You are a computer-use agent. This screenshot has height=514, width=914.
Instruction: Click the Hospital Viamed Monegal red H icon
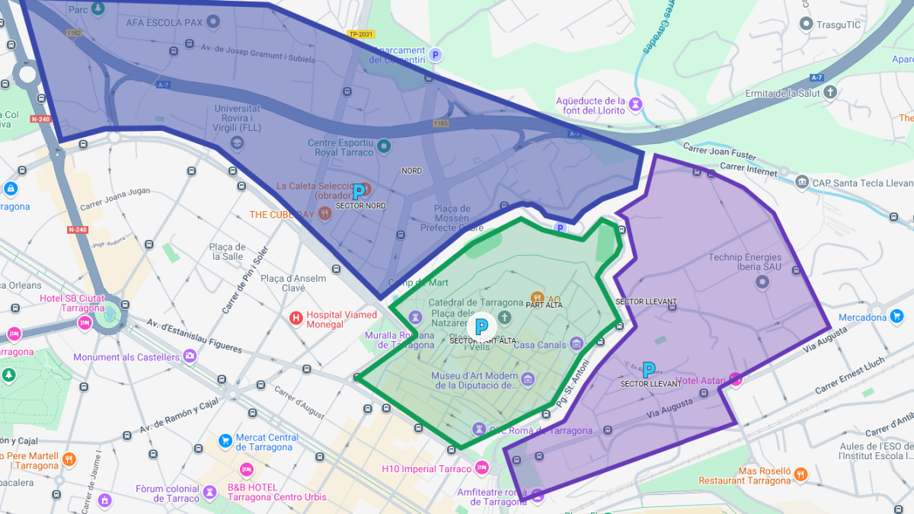[296, 318]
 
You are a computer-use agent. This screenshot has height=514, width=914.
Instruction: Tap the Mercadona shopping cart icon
[896, 316]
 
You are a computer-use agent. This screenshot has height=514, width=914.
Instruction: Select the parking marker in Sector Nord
[358, 192]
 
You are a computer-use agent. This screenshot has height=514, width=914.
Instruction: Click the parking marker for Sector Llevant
[649, 370]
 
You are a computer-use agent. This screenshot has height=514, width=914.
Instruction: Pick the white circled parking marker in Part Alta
[481, 327]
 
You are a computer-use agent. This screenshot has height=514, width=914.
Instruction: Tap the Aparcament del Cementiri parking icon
[436, 55]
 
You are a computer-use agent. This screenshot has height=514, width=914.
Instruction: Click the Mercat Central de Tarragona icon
[225, 440]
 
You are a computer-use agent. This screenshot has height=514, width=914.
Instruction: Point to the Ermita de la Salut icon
[830, 92]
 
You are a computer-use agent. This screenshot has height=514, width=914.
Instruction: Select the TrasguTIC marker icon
[806, 24]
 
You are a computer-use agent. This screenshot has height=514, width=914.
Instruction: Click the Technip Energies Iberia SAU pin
[762, 283]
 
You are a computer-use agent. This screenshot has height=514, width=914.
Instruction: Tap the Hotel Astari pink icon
[736, 378]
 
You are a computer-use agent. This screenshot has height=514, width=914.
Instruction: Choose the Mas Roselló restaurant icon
[801, 474]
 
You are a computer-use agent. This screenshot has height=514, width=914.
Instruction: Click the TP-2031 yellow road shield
[361, 34]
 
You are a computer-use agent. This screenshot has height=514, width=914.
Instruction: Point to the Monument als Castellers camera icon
[190, 356]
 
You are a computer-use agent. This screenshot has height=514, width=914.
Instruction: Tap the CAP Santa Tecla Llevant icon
[802, 182]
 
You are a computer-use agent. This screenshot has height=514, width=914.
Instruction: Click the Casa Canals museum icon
[576, 344]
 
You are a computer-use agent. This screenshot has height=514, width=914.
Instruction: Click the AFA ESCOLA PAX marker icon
[214, 22]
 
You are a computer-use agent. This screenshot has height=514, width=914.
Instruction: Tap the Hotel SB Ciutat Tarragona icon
[85, 324]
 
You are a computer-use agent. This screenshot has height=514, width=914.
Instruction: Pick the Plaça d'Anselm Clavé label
[293, 283]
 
